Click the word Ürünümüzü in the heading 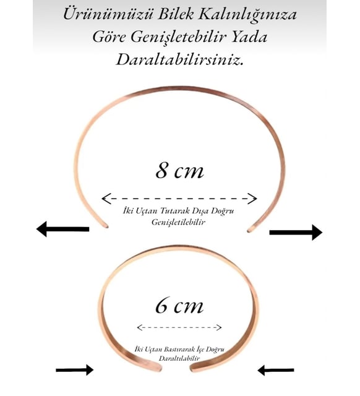coord(108,14)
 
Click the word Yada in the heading coord(249,37)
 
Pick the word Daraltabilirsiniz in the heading coord(180,59)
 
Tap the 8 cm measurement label coord(179,171)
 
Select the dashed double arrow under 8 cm coord(179,199)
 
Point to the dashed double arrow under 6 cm coord(179,327)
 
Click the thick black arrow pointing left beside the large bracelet coord(63,229)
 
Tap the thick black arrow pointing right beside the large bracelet coord(296,232)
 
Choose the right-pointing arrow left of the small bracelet coord(74,370)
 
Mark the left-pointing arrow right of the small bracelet coord(276,370)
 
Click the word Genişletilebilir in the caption coord(178,222)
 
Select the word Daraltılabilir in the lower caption coord(179,358)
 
